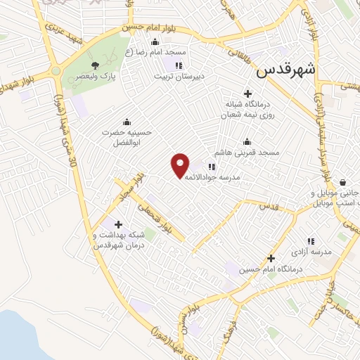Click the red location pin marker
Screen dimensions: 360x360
[x=181, y=165]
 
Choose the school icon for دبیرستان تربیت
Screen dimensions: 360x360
[x=179, y=66]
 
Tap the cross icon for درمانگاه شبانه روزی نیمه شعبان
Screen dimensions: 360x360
[x=247, y=94]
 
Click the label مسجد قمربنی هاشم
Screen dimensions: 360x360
[x=247, y=153]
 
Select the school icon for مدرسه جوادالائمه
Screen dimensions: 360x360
[x=211, y=167]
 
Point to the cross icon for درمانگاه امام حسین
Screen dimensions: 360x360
[x=271, y=257]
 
